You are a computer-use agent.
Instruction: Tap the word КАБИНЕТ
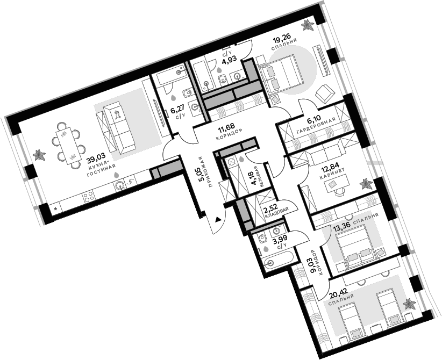(332, 175)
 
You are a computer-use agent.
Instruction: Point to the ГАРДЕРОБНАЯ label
(316, 126)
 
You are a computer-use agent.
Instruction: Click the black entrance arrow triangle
(218, 219)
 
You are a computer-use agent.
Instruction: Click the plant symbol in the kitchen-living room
(39, 155)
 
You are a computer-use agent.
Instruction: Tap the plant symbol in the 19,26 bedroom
(308, 25)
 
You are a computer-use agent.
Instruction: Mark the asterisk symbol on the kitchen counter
(55, 209)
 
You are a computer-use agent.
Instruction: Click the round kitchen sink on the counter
(120, 185)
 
